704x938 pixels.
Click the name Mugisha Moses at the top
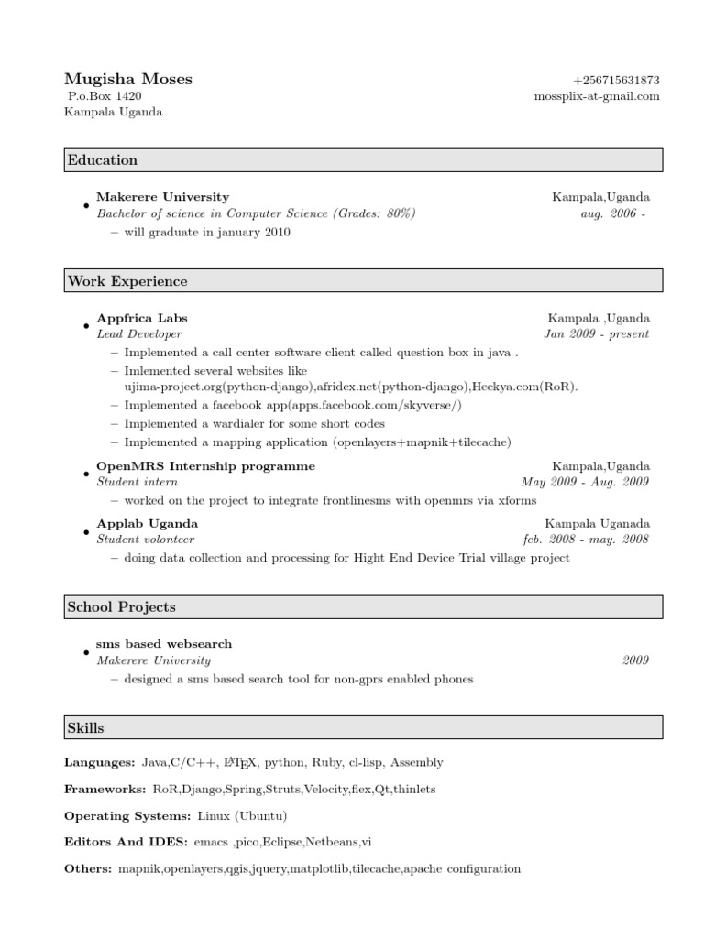click(x=128, y=79)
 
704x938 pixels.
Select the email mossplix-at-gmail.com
click(x=597, y=96)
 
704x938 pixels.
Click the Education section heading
click(x=102, y=160)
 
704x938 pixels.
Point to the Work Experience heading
click(x=126, y=281)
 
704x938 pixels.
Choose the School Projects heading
click(x=121, y=606)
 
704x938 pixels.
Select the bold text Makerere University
click(x=163, y=196)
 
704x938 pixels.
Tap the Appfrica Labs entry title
click(x=142, y=318)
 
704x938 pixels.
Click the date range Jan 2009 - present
click(x=597, y=334)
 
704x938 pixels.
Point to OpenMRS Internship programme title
click(x=206, y=466)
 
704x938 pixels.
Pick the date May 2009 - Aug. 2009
click(x=585, y=482)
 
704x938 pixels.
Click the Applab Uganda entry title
click(x=148, y=523)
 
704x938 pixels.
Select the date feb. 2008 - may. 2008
click(x=586, y=540)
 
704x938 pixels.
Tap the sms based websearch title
click(x=164, y=644)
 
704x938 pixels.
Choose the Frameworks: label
click(x=104, y=789)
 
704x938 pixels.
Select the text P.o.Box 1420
click(x=105, y=95)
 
